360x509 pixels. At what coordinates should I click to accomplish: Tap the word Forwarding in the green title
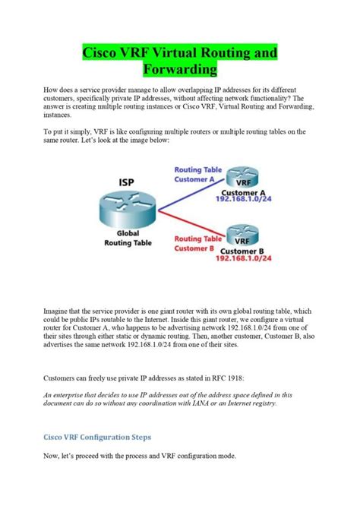[x=180, y=71]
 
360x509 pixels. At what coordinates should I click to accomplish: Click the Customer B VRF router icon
[x=242, y=231]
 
